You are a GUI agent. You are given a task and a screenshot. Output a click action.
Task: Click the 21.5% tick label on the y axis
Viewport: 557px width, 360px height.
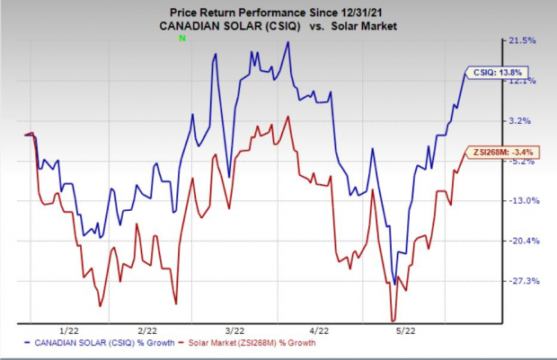click(524, 40)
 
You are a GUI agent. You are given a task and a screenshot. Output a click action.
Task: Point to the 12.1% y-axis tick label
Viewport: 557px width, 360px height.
click(524, 81)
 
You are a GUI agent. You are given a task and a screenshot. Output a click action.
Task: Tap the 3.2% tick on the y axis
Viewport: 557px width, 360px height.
click(525, 120)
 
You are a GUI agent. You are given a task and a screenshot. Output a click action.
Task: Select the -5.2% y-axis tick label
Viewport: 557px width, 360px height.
click(524, 162)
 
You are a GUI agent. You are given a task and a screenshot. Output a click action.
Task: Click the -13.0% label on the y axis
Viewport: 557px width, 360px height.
click(523, 200)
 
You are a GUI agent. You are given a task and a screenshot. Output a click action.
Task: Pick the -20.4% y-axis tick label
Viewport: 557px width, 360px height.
click(523, 241)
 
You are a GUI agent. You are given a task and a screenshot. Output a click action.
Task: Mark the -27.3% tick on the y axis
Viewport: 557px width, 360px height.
click(523, 281)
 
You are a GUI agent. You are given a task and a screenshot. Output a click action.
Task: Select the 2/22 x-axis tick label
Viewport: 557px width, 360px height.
click(148, 329)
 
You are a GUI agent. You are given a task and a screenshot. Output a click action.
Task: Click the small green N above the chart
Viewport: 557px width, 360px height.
click(182, 39)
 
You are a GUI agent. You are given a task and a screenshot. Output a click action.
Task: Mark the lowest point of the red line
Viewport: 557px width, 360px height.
click(393, 319)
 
